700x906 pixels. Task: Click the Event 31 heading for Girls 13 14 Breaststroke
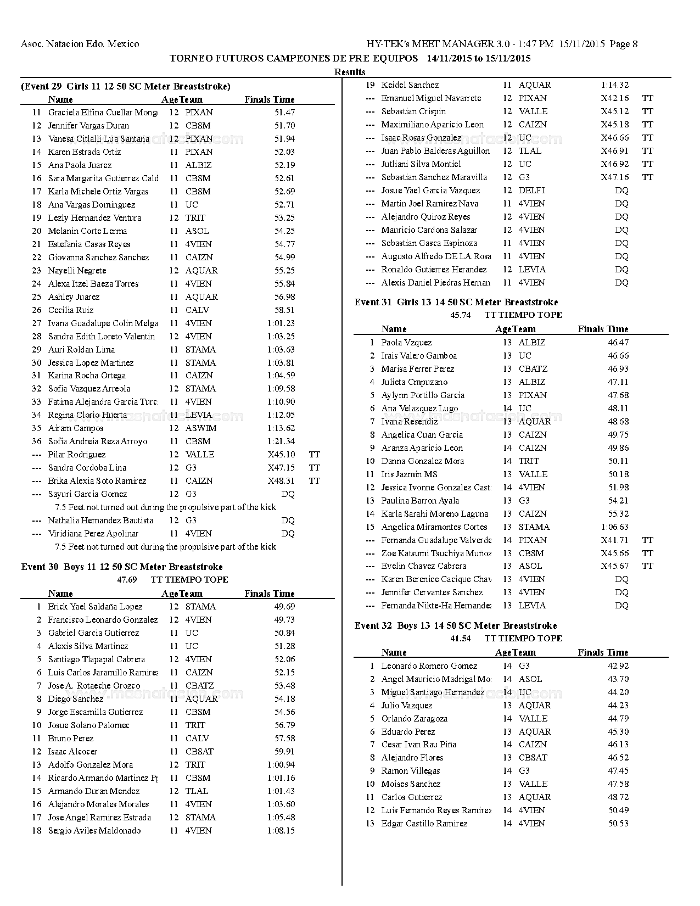tap(456, 302)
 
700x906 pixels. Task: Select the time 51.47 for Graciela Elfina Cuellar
tap(284, 113)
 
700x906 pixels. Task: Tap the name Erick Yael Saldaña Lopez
tap(95, 607)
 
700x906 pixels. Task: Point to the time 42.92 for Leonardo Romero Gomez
tap(618, 666)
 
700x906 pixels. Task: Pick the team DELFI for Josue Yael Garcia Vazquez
tap(531, 191)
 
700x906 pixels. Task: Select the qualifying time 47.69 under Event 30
tap(127, 580)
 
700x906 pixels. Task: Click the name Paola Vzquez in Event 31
tap(406, 343)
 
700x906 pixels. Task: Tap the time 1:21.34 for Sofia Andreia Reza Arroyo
tap(281, 441)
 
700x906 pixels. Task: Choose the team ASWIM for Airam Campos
tap(200, 428)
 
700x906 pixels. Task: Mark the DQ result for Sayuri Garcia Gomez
tap(288, 494)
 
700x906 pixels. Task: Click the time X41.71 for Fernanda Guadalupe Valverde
tap(615, 540)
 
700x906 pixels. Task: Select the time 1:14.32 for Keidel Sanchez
tap(615, 85)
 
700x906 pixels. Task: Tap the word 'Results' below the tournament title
tap(350, 72)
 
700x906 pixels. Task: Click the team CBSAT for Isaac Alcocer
tap(199, 752)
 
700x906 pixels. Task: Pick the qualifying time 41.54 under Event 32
tap(460, 639)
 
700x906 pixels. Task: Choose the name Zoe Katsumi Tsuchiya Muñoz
tap(436, 553)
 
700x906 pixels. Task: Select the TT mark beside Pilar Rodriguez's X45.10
tap(314, 455)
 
